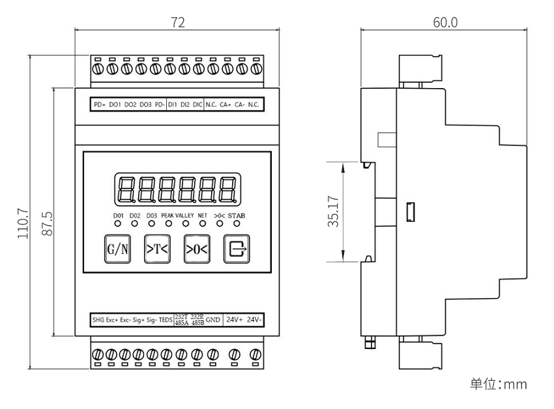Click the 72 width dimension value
point(178,22)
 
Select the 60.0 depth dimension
point(445,22)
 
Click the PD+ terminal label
point(100,104)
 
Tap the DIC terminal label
point(197,104)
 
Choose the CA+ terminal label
point(226,104)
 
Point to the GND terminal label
point(213,320)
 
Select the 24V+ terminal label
point(235,320)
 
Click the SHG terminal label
point(98,320)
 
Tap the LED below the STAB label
point(236,224)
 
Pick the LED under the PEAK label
point(168,224)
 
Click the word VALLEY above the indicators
point(185,215)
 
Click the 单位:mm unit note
point(498,384)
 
